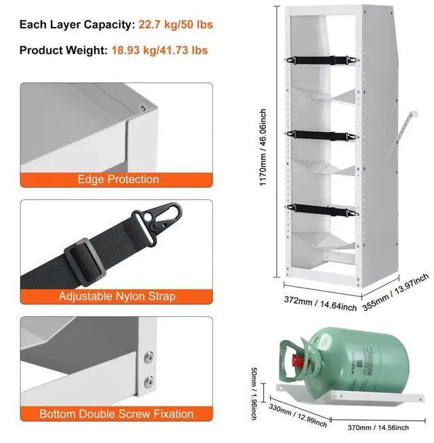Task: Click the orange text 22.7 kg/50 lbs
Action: [x=176, y=25]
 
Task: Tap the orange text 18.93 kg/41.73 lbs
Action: [x=159, y=51]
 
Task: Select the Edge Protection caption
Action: [x=118, y=180]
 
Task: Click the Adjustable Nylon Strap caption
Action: [x=117, y=296]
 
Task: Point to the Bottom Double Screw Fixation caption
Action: [x=116, y=414]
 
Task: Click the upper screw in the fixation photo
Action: [x=149, y=357]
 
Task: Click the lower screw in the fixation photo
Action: [x=149, y=379]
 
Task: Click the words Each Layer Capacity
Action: [x=77, y=25]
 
